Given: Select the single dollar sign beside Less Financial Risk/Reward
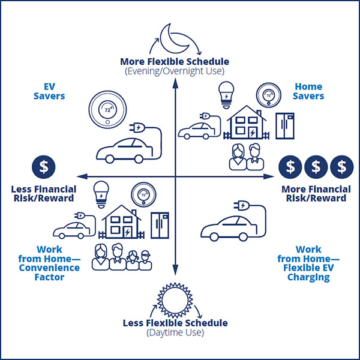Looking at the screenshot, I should coord(43,167).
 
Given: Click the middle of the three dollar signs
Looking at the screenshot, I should coord(316,167).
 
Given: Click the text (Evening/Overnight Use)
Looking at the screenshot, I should coord(175,71).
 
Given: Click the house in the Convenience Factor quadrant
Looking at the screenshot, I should coord(122,220).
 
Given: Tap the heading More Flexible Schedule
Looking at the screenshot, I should coord(175,62).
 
